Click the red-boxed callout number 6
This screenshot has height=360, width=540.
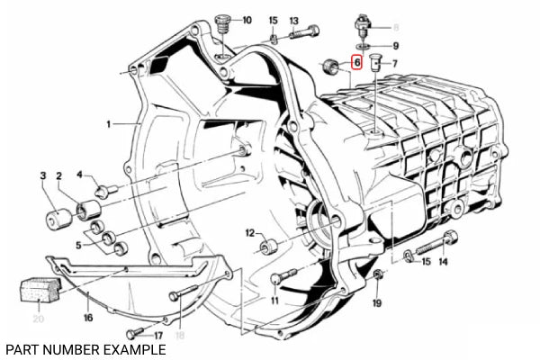click(356, 62)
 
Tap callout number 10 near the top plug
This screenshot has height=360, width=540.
click(247, 20)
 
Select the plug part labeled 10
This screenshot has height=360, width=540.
click(222, 23)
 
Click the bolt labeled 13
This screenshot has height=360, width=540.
click(304, 32)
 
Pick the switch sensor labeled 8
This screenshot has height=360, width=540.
click(363, 26)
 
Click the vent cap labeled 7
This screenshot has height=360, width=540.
click(375, 63)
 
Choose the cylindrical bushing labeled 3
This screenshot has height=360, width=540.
click(58, 219)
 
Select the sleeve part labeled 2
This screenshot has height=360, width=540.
click(88, 210)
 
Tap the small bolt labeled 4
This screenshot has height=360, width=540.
click(106, 191)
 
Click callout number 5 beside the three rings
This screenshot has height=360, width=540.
click(78, 246)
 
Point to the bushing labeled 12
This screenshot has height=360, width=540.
click(269, 247)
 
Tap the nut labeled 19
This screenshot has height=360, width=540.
click(379, 274)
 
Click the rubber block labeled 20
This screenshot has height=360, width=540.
click(40, 290)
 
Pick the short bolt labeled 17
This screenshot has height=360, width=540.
click(135, 333)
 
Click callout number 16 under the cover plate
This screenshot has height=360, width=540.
click(88, 318)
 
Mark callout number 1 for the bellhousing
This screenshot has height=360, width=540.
click(109, 124)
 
